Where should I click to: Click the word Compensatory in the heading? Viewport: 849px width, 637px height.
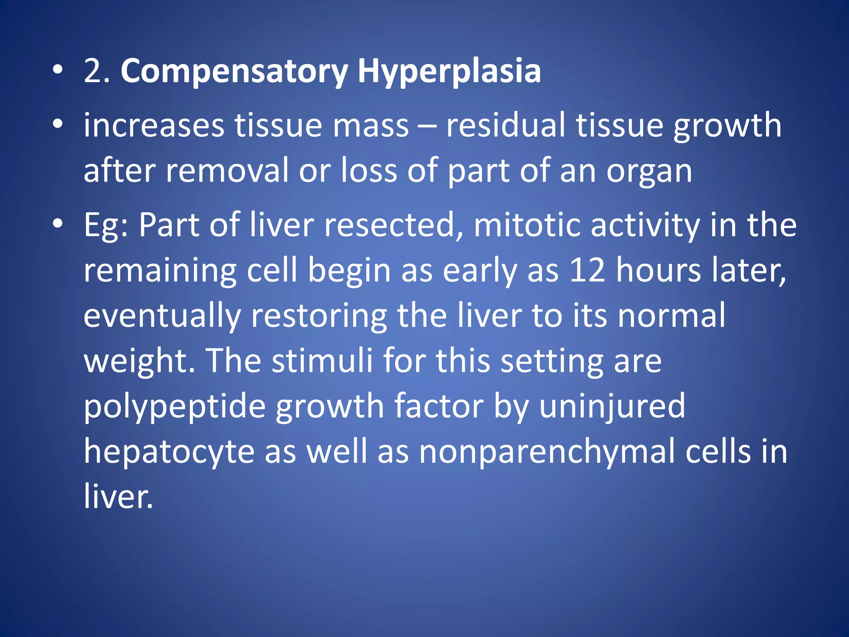click(x=234, y=71)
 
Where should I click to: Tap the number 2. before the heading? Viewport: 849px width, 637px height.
click(x=97, y=71)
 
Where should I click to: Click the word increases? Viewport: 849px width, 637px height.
click(x=154, y=125)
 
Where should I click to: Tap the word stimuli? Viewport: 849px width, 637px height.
click(x=323, y=361)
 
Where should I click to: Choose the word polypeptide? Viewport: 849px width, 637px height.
click(x=175, y=407)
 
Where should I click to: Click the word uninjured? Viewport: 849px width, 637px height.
click(x=612, y=406)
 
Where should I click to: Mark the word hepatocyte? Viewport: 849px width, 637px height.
click(x=169, y=452)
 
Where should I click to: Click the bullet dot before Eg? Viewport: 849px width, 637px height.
click(x=58, y=224)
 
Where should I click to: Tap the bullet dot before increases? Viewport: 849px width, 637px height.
click(x=58, y=124)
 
